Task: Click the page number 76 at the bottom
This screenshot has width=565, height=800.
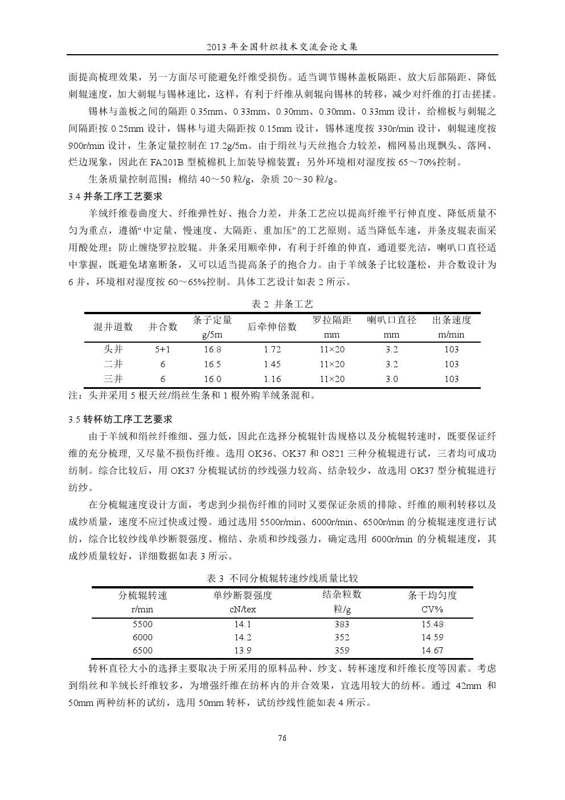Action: coord(281,738)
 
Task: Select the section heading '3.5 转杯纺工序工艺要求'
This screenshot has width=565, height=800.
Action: coord(120,420)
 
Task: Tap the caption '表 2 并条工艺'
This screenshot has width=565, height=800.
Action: coord(282,304)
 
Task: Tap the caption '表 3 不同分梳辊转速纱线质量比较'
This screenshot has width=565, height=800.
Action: coord(282,578)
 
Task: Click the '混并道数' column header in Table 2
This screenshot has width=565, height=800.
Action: coord(113,327)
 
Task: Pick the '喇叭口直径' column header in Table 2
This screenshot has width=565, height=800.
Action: coord(391,320)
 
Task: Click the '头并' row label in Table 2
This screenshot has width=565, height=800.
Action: coord(113,350)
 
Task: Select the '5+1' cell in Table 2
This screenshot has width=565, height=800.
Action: coord(162,350)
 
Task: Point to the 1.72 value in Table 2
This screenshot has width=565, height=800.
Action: coord(272,350)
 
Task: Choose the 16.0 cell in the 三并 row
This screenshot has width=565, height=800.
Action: coord(212,379)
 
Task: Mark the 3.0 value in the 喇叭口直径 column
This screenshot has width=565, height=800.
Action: coord(391,379)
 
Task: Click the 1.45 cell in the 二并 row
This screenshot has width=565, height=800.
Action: coord(272,364)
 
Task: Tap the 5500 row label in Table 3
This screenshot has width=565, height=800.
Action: coord(142,624)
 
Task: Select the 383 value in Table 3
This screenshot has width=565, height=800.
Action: coord(342,624)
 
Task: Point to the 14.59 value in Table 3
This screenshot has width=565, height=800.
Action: coord(432,637)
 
